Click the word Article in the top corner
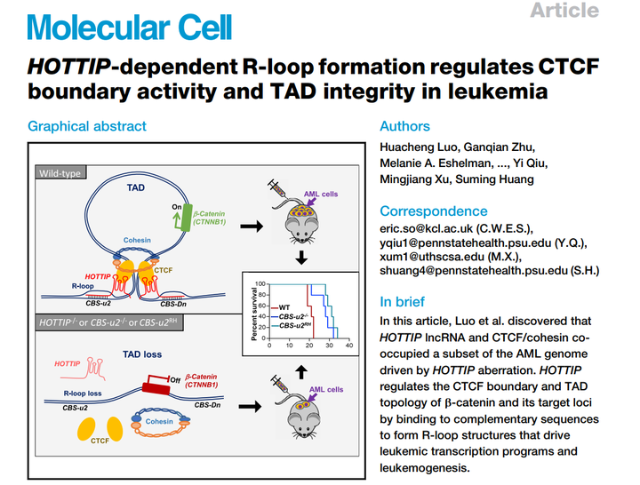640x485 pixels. click(x=564, y=11)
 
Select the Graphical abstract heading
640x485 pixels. click(x=87, y=126)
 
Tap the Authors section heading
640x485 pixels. click(x=404, y=126)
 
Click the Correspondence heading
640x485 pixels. click(x=433, y=211)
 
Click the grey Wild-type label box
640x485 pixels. click(x=61, y=172)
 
